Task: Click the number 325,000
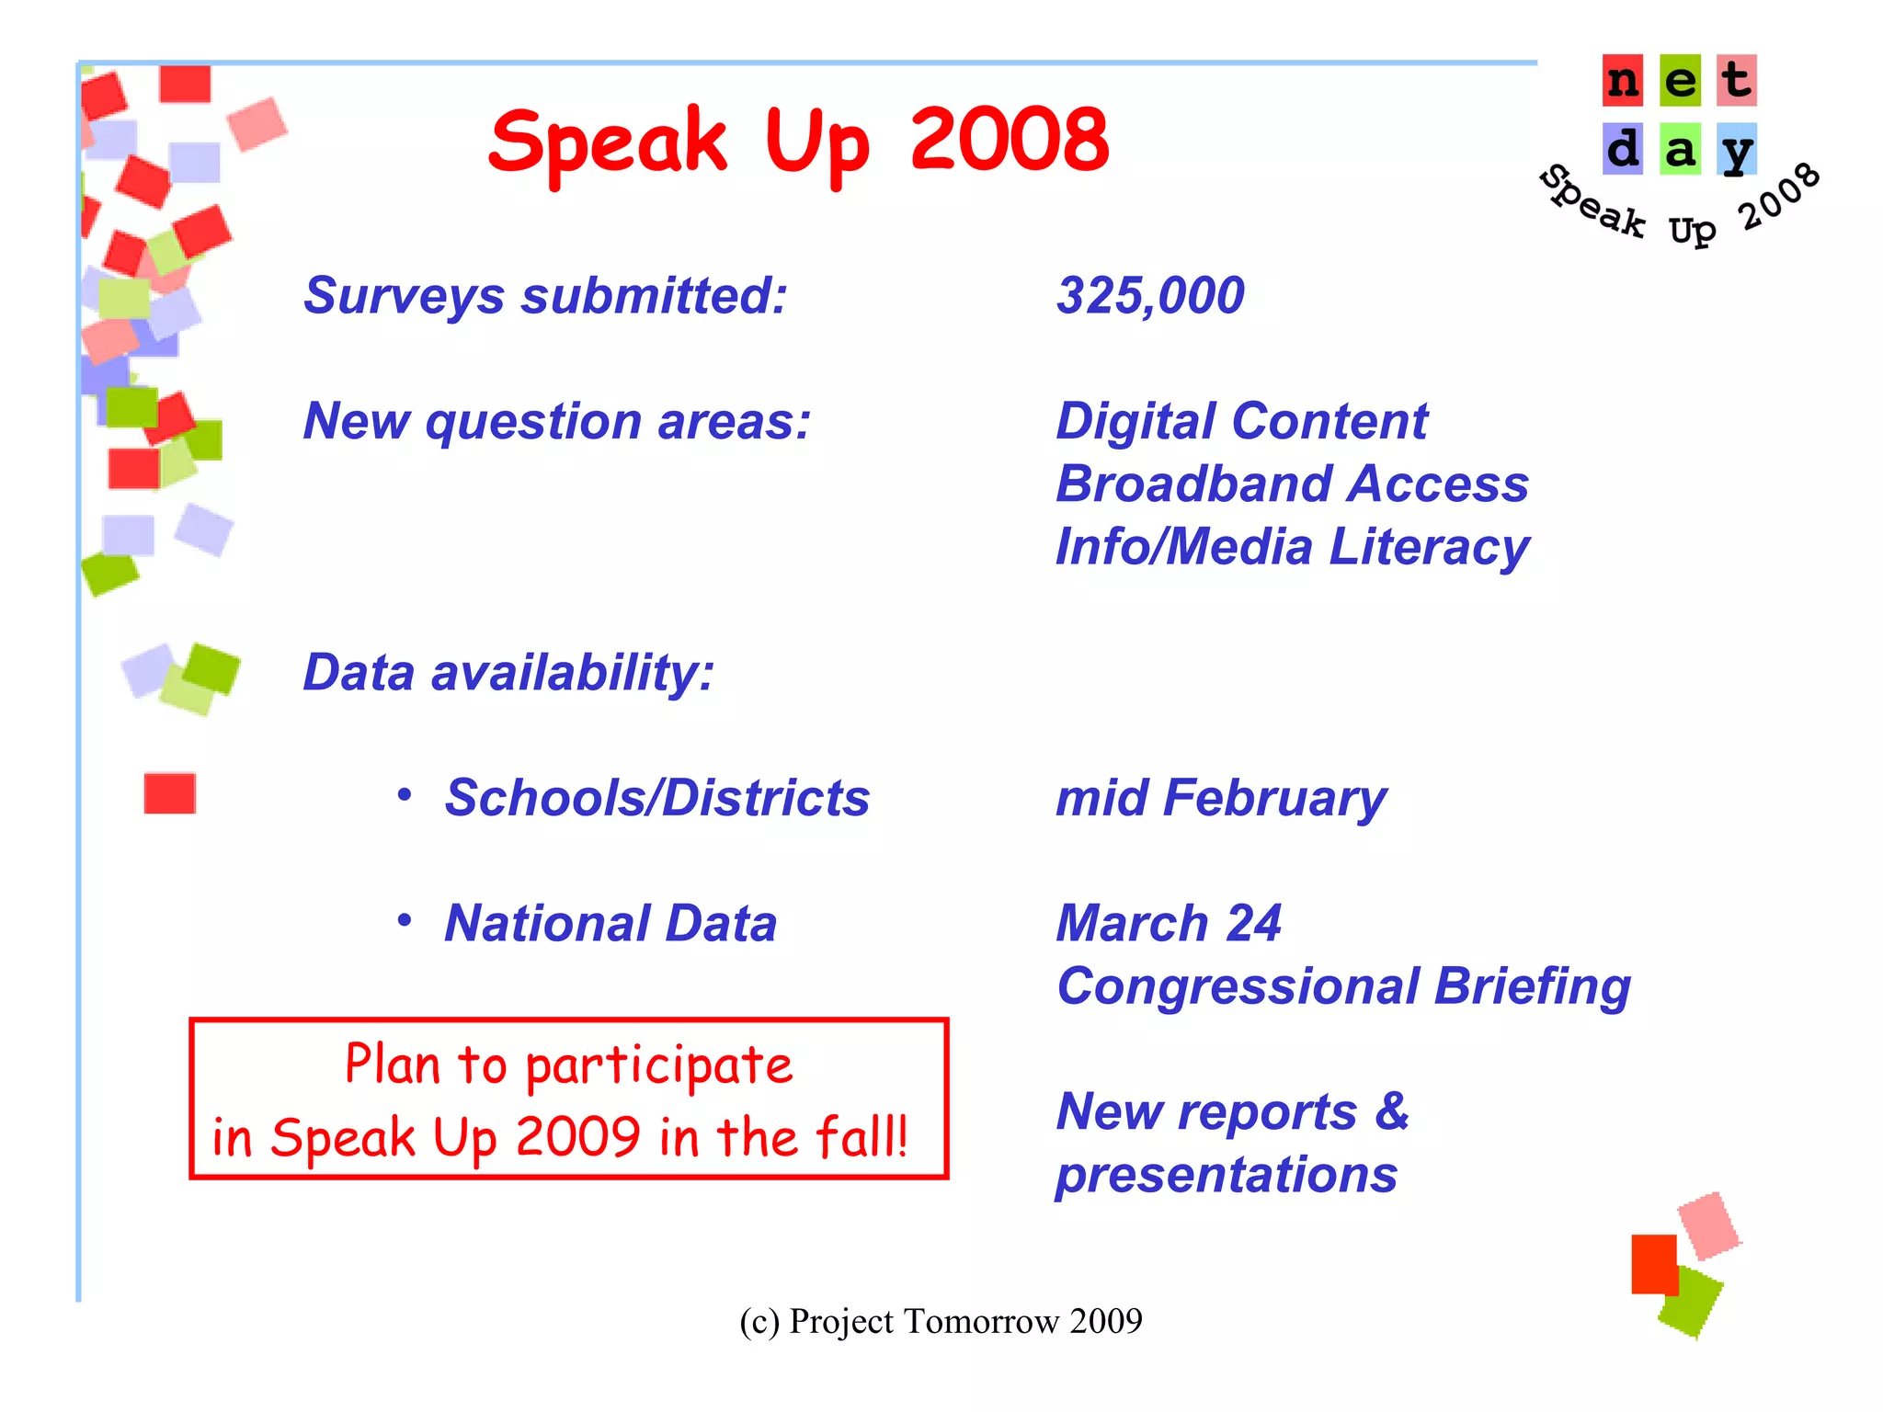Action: click(x=1149, y=296)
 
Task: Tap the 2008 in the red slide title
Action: click(x=1010, y=140)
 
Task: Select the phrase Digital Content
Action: click(x=1241, y=422)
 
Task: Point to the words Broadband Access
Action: click(x=1292, y=484)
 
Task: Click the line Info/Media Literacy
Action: click(x=1292, y=547)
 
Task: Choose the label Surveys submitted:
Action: click(x=545, y=296)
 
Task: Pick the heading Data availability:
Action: click(x=508, y=673)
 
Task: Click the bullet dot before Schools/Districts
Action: click(x=405, y=795)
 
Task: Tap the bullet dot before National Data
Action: click(x=405, y=920)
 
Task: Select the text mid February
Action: click(x=1220, y=798)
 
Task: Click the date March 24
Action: click(x=1168, y=923)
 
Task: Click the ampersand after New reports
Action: click(x=1392, y=1111)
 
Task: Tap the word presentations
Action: click(x=1227, y=1176)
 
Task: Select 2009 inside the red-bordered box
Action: click(x=577, y=1137)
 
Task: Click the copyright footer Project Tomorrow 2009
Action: click(x=941, y=1322)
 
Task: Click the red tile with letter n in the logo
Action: click(x=1623, y=81)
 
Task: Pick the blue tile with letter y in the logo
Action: click(x=1737, y=149)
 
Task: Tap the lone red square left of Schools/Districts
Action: click(x=170, y=793)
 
